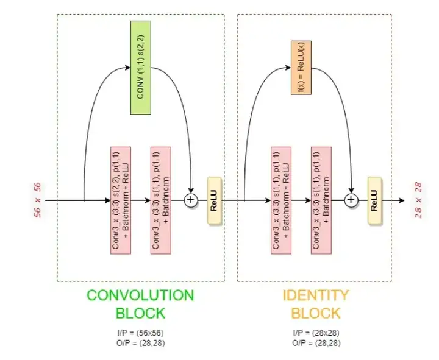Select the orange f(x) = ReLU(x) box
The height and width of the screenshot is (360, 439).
[301, 68]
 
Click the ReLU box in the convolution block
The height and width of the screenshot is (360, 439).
[214, 200]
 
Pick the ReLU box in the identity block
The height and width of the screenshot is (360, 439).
[374, 200]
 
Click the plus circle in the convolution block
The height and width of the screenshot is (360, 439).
[191, 200]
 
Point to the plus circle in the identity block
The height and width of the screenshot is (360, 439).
[351, 200]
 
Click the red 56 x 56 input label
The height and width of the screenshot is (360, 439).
[38, 200]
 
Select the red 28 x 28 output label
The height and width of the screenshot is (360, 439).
[418, 200]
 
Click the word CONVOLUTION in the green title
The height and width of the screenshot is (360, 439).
[140, 295]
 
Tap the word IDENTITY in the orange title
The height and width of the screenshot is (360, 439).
[316, 295]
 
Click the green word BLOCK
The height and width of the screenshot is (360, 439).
[141, 313]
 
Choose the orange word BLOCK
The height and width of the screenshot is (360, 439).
[316, 313]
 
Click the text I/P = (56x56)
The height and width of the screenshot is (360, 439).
[141, 333]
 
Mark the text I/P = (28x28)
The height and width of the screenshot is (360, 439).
[316, 333]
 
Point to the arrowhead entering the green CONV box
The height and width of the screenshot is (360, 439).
[127, 68]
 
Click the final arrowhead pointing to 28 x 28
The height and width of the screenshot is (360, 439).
[401, 200]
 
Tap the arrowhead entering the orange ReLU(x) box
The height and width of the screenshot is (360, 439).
[288, 68]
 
